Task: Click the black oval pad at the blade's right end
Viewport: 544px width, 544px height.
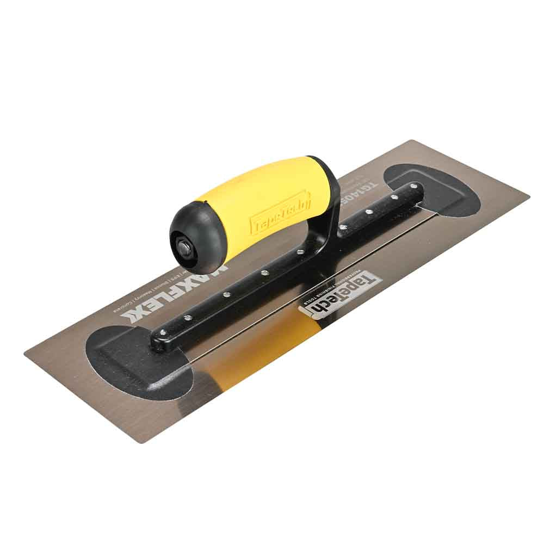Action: coord(435,188)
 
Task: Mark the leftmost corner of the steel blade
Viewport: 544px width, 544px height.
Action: coord(25,353)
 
